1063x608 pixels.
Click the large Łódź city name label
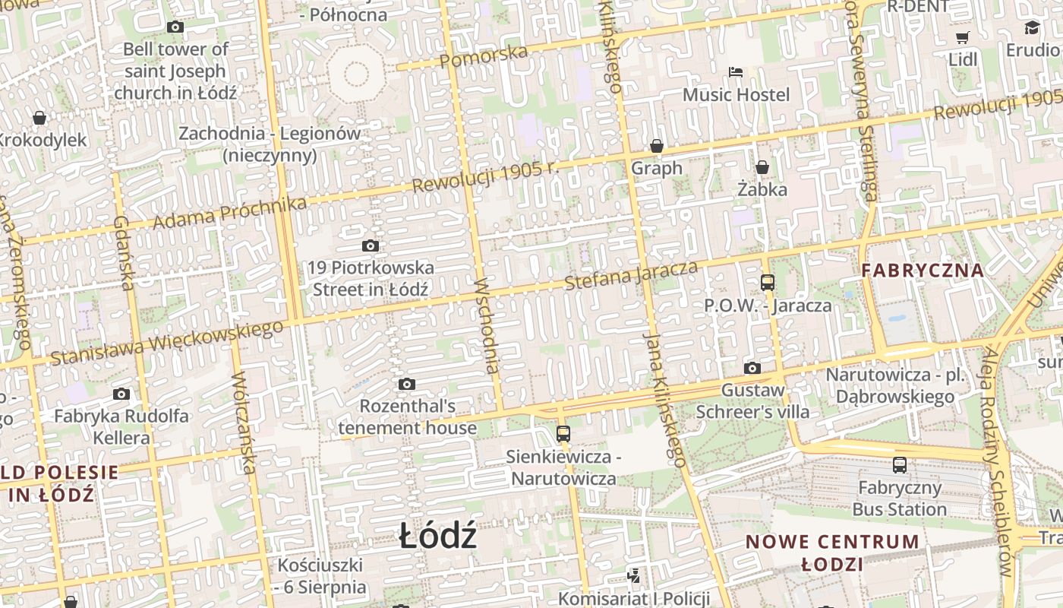438,537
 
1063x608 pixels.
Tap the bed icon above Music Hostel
735,72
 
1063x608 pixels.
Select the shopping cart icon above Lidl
963,37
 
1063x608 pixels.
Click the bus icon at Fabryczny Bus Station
900,465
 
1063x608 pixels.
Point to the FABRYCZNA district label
922,270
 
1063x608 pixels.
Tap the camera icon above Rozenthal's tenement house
407,384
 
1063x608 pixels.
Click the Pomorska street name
483,55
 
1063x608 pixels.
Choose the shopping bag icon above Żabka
762,167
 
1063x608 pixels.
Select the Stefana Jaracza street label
631,275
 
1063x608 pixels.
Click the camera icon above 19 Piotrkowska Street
371,245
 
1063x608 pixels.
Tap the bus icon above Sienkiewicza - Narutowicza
563,434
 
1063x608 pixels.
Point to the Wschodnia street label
487,327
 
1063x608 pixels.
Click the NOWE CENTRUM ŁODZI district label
832,553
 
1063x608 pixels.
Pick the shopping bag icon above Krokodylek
39,118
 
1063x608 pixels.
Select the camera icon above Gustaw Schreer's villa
752,369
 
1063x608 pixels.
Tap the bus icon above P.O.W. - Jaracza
768,283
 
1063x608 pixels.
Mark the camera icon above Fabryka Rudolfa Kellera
121,394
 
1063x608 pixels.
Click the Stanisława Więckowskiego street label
166,342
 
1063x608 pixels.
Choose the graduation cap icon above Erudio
1032,28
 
